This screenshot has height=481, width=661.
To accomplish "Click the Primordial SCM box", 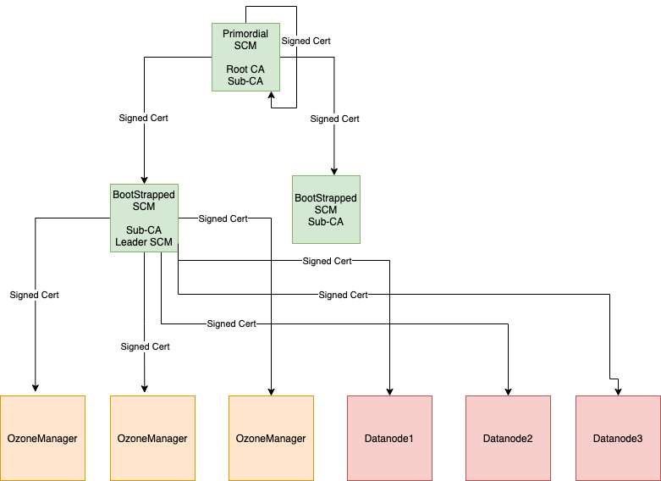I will point(245,57).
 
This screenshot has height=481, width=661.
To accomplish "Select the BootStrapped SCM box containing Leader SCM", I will point(144,218).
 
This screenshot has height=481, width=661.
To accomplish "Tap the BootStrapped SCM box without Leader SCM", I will point(326,210).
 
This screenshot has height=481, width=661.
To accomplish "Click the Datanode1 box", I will point(389,438).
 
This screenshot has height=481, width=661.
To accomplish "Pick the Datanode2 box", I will point(508,438).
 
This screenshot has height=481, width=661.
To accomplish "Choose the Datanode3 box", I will point(618,438).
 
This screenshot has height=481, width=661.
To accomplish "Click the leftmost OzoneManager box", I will point(42,438).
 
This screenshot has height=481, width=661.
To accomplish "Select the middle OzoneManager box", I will point(152,438).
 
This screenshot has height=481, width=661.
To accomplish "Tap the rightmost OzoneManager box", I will point(271,438).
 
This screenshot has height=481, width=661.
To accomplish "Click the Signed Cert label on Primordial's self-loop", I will point(306,41).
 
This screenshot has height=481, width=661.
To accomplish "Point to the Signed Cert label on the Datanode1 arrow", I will point(327,261).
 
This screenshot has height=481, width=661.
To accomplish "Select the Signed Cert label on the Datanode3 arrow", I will point(343,295).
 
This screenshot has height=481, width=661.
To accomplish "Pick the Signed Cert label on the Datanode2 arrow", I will point(231,323).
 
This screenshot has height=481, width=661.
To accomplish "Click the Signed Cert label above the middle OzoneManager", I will point(145,346).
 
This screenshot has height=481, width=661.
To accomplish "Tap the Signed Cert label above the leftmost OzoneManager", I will point(34,295).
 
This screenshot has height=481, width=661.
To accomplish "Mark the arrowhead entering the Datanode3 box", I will point(618,391).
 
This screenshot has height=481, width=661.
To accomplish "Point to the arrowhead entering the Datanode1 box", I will point(389,391).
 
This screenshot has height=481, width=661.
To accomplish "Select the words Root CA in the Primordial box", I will point(245,69).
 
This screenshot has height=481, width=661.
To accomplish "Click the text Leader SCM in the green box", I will point(144,243).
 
